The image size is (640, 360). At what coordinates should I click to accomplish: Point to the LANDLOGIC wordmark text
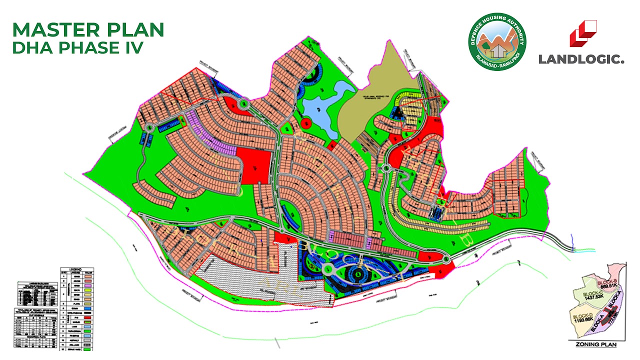coord(581,59)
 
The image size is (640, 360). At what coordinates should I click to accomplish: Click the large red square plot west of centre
coord(254,165)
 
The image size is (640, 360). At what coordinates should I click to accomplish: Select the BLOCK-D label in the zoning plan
coord(583,316)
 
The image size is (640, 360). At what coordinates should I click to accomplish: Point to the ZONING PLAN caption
coord(595,344)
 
